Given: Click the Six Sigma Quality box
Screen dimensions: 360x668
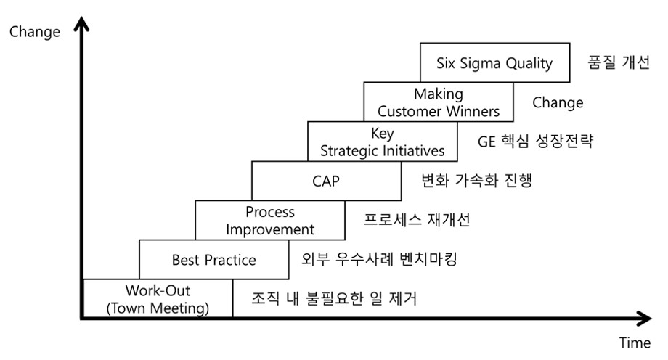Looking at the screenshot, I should (x=494, y=62).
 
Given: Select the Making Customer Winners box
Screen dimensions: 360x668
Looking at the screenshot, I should (x=439, y=102).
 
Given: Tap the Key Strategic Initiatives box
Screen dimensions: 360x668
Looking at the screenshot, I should (x=383, y=142).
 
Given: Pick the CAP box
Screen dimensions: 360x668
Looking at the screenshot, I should (x=326, y=181).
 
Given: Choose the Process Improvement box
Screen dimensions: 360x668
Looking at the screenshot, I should (x=270, y=221).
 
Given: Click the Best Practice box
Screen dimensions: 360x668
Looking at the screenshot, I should (x=213, y=259).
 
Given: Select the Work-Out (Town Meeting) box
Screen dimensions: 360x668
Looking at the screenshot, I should (x=158, y=299).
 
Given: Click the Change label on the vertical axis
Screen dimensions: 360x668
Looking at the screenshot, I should (x=35, y=32).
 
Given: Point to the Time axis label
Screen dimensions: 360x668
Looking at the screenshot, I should (x=634, y=343).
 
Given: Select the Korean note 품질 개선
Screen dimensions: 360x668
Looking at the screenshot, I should (x=618, y=62).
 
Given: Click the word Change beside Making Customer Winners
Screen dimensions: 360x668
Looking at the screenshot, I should (x=558, y=102).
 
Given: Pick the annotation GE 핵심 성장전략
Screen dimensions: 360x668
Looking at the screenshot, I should (x=535, y=142).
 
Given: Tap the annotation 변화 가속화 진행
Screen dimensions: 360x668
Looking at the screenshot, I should (x=476, y=181).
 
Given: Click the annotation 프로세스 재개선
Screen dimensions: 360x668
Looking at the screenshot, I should (x=417, y=221).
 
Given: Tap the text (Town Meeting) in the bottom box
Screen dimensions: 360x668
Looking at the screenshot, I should (x=158, y=308).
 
